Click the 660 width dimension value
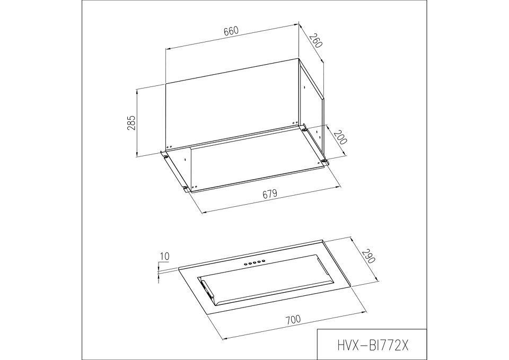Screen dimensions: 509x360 pos(231,31)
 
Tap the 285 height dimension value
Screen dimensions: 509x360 pos(131,122)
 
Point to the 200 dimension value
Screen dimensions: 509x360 pos(340,137)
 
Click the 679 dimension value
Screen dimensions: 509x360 pos(270,194)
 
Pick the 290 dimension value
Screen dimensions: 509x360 pos(369,256)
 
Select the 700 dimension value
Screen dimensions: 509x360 pos(293,319)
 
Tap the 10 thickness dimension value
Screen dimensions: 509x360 pos(164,257)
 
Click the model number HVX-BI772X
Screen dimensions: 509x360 pos(372,345)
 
